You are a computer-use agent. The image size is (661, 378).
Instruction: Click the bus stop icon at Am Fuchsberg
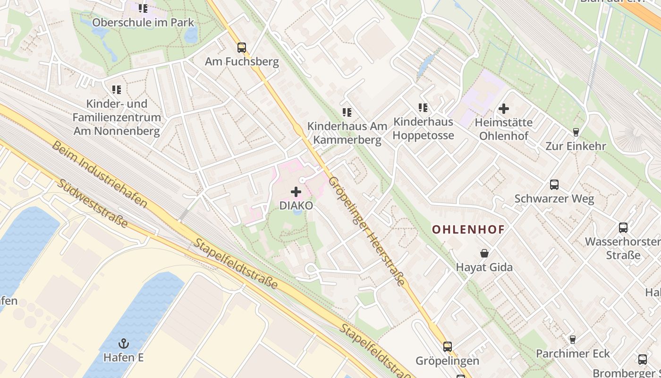(x=242, y=47)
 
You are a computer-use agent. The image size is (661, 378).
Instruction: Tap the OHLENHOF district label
(x=468, y=230)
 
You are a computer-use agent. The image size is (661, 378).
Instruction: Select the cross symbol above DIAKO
(x=296, y=192)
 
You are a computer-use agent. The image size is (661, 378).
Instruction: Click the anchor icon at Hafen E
(x=124, y=343)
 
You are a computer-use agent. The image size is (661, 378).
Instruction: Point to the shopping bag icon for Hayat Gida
(x=484, y=253)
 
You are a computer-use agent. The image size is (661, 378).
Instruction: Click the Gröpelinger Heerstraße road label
(x=366, y=232)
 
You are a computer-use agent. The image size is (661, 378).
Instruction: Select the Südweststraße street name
(x=92, y=203)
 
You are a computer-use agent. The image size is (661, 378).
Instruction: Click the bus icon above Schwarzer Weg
(x=554, y=185)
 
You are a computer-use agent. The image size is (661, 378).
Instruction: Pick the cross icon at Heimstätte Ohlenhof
(x=504, y=109)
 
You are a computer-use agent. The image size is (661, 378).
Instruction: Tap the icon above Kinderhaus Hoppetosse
(x=423, y=108)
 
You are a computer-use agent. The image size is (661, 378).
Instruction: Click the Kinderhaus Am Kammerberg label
(x=347, y=133)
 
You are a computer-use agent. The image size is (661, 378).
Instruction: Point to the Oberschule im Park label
(x=143, y=22)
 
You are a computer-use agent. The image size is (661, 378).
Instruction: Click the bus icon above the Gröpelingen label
(x=448, y=347)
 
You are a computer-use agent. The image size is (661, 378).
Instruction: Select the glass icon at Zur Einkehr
(x=576, y=132)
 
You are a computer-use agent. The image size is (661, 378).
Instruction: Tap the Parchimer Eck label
(x=573, y=353)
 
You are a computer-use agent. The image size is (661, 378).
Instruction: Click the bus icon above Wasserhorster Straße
(x=623, y=228)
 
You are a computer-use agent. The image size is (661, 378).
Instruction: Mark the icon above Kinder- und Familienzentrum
(x=117, y=89)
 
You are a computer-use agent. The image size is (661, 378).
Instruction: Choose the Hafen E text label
(x=124, y=357)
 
